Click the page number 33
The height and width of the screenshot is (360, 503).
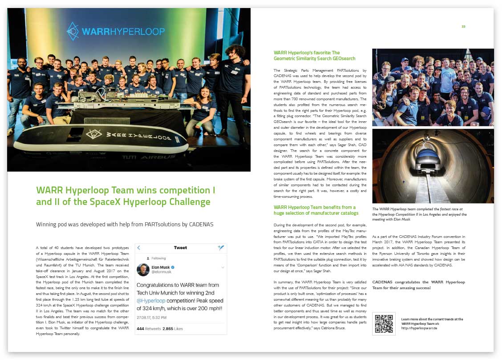click(x=463, y=27)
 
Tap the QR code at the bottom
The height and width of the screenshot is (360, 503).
click(x=384, y=323)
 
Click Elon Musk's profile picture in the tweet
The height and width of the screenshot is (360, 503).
click(x=143, y=270)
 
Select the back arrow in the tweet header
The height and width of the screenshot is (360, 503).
click(x=139, y=248)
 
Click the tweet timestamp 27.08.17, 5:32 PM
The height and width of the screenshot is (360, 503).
click(x=152, y=318)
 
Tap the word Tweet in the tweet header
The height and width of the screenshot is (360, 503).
click(x=180, y=248)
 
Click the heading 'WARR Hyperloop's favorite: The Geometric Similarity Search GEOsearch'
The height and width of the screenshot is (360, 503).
click(x=314, y=55)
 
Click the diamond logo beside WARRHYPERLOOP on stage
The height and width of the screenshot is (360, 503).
click(x=73, y=31)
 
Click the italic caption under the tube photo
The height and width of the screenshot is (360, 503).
click(x=419, y=214)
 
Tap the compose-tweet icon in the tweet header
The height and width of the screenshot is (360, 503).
click(x=221, y=248)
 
